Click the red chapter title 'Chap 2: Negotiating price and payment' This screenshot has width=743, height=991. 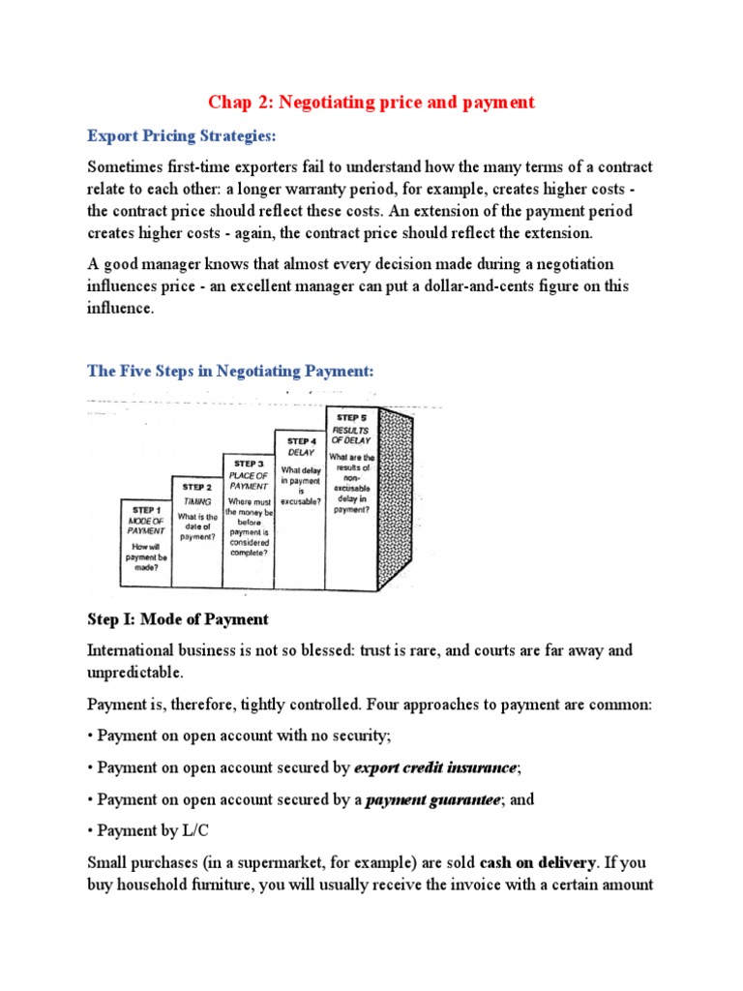coord(371,102)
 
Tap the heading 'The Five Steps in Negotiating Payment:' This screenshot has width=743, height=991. coord(230,371)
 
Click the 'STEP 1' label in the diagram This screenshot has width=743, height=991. coord(147,510)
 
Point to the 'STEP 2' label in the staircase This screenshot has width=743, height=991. coord(196,487)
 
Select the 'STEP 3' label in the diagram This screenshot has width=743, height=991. coord(249,464)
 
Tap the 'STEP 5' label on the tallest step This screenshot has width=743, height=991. coord(352,417)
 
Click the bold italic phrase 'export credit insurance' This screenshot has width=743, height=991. coord(435,767)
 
